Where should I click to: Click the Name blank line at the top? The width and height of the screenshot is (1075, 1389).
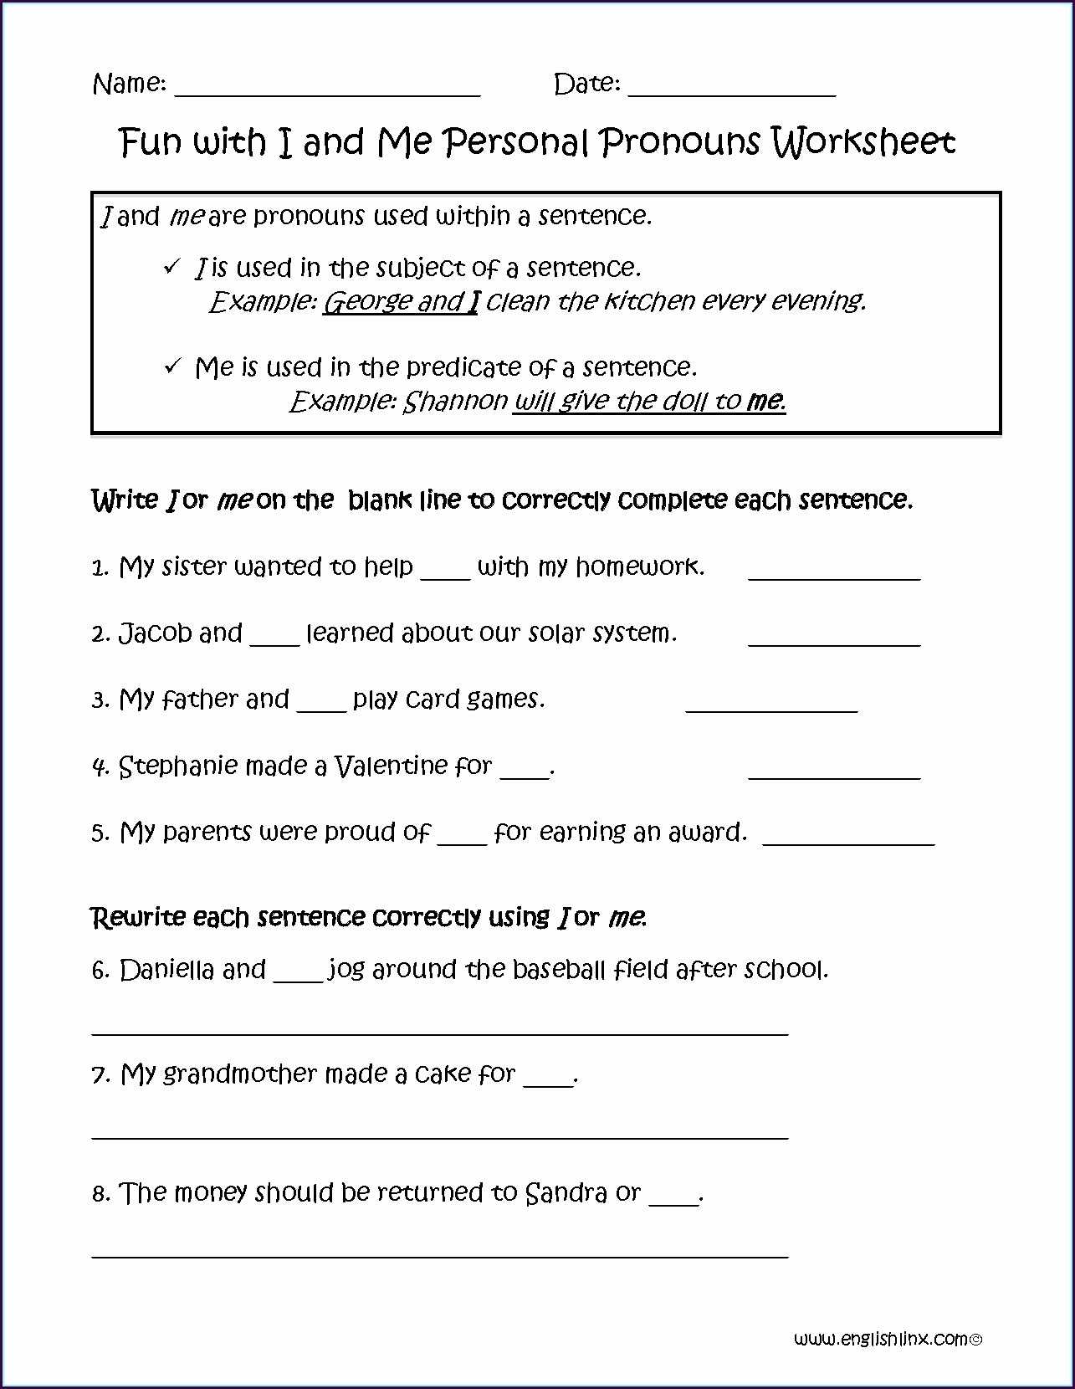326,95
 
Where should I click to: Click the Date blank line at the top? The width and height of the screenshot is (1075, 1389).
731,95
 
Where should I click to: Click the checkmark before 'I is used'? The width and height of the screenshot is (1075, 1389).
172,267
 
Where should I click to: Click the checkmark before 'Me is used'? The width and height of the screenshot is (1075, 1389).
172,366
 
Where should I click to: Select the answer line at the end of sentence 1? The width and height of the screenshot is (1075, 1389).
834,577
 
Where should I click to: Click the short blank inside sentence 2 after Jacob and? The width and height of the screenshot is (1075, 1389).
274,643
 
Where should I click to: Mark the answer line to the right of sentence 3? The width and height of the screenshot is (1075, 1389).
771,710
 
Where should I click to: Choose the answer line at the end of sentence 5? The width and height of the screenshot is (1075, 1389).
849,843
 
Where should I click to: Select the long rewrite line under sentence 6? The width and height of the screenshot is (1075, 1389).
439,1033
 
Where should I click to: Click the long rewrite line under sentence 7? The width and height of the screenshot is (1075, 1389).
439,1137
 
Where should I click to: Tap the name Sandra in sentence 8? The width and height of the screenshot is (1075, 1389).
566,1192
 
